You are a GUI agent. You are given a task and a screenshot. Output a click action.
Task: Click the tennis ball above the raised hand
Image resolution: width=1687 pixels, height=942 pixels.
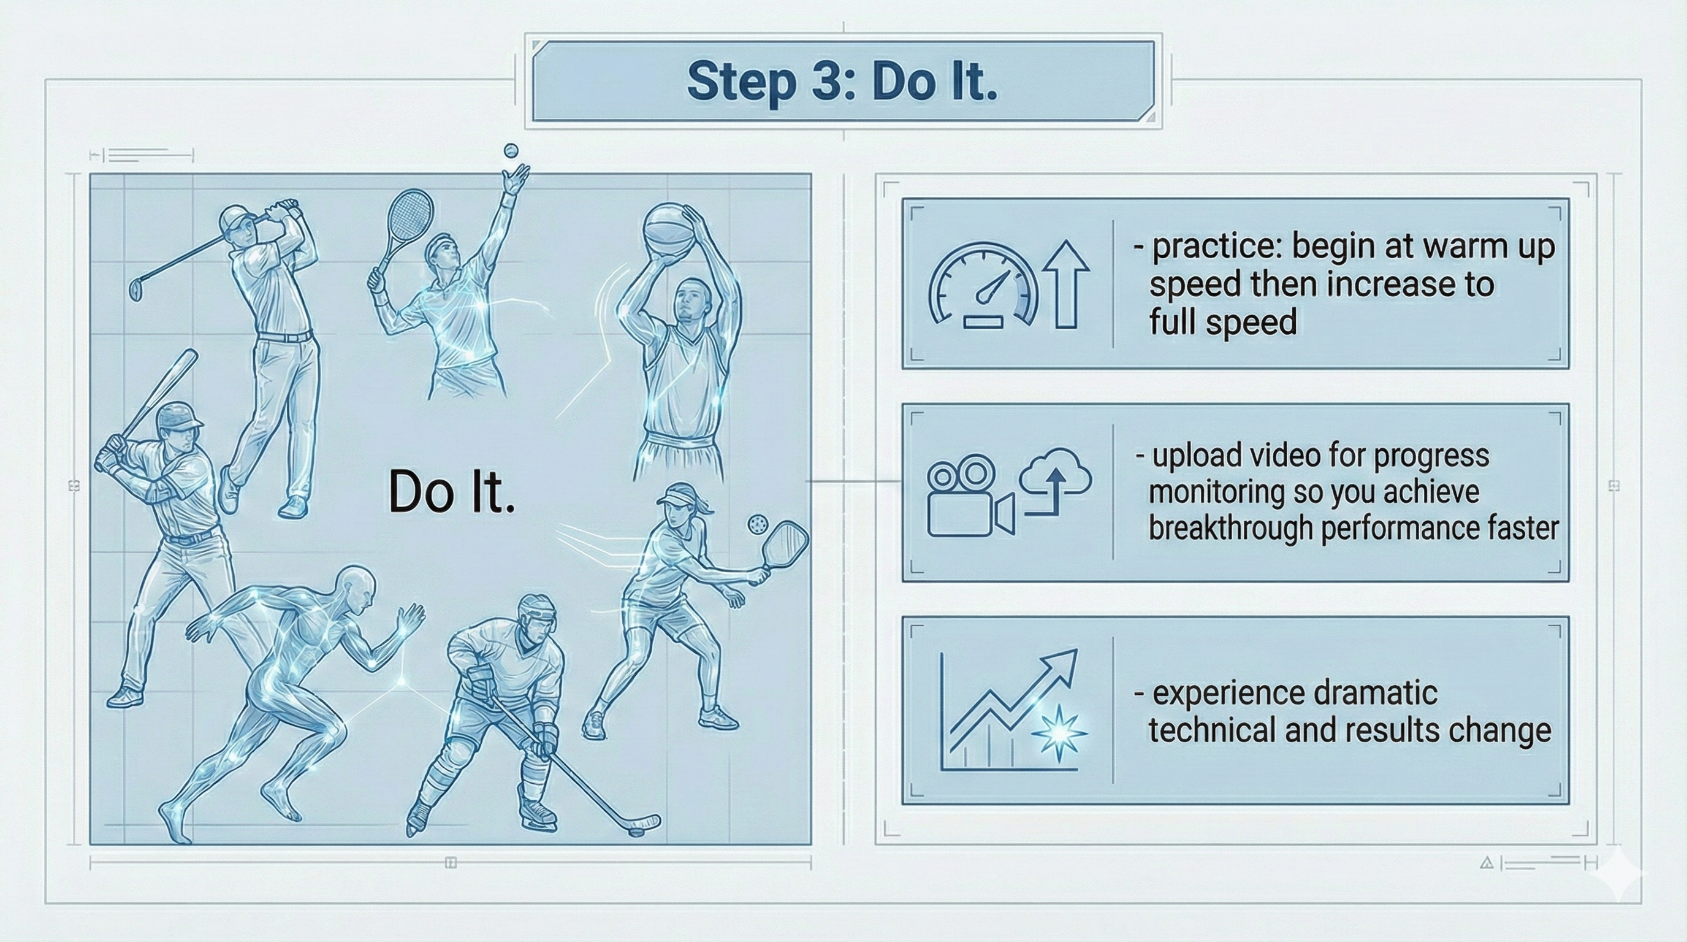coord(511,151)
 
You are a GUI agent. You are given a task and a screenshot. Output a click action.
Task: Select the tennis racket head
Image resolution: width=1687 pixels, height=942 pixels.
coord(410,215)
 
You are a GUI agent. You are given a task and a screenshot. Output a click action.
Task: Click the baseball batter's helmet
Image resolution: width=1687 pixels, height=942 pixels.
coord(179,416)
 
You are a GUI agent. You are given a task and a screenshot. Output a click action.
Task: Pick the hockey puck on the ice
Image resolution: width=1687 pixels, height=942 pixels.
coord(636,830)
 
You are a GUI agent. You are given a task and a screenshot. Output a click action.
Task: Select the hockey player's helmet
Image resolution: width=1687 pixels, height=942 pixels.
coord(538,613)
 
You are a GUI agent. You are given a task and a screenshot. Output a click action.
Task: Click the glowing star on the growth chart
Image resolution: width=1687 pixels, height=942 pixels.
coord(1058,733)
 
